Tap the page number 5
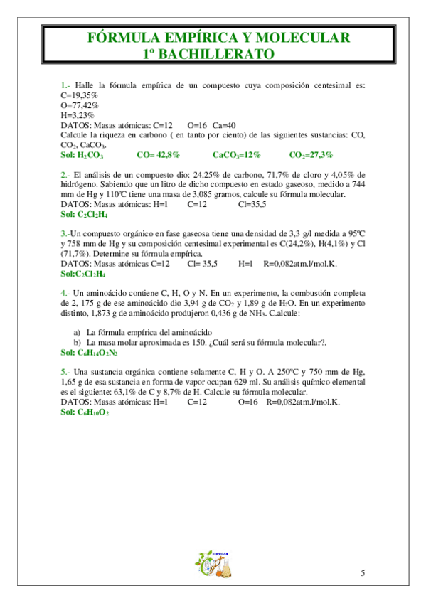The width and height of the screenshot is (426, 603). tap(363, 572)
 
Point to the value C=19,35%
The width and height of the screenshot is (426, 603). tap(80, 95)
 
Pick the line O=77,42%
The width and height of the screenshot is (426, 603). tap(80, 105)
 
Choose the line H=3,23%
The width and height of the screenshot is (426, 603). tap(78, 114)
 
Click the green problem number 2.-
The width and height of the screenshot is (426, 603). tap(65, 174)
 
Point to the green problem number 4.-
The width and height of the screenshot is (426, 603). tap(65, 292)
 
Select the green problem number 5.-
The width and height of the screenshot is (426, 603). tap(65, 372)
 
